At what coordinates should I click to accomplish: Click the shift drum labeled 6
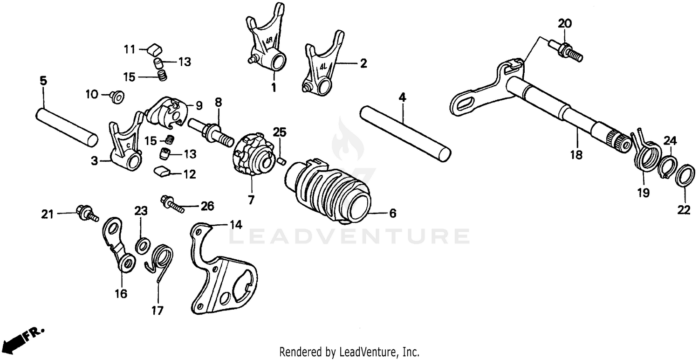click(329, 191)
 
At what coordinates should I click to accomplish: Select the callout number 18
click(576, 155)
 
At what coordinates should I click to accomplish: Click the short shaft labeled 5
click(66, 125)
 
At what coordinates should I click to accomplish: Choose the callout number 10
click(91, 95)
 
